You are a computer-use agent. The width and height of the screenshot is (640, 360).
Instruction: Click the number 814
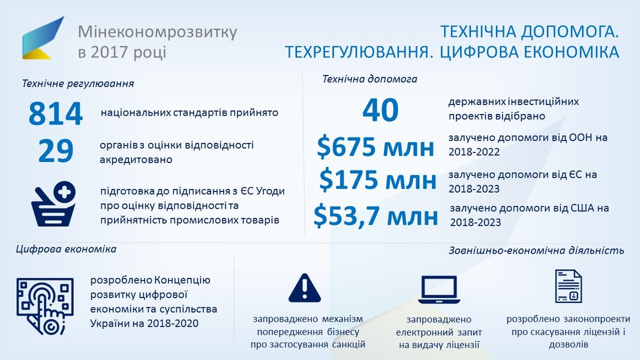(x=56, y=113)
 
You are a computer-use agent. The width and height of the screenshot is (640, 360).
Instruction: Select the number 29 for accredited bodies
(x=56, y=151)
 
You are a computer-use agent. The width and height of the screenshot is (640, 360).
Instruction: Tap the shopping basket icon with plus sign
(x=53, y=203)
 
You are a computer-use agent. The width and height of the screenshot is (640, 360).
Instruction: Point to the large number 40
(x=380, y=110)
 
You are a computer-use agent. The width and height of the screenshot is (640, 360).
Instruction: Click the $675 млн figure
(x=375, y=147)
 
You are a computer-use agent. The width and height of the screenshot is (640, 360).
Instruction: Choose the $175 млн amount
(x=377, y=179)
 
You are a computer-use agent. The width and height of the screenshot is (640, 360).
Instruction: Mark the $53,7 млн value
(x=375, y=216)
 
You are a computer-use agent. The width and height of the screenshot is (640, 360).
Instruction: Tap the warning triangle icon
(x=305, y=288)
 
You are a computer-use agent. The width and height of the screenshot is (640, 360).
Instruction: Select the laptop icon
(x=439, y=290)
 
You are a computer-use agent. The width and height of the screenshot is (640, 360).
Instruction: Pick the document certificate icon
(x=568, y=286)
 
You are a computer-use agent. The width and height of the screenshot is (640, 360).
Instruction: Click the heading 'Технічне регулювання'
(x=78, y=83)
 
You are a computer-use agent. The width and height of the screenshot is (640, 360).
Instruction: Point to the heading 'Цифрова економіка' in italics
(x=66, y=249)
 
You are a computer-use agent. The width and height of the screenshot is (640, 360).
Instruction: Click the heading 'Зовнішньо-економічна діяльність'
(x=536, y=250)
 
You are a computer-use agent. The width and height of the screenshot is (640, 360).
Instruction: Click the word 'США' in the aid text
(x=581, y=208)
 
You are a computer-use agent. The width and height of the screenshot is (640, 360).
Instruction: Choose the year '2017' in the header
(x=107, y=52)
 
